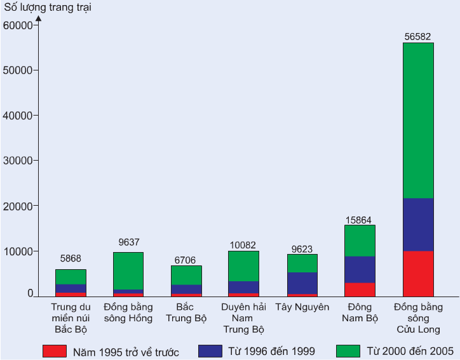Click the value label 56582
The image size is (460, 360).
pos(418,36)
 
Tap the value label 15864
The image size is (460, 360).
pos(360,220)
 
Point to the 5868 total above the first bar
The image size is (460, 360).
pos(71,258)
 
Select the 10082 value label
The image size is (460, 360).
pos(243,245)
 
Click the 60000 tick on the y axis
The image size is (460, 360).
pos(18,25)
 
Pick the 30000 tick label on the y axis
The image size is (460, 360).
pos(18,161)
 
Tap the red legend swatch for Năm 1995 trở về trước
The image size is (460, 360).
pos(55,350)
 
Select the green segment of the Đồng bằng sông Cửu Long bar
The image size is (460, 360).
pos(418,121)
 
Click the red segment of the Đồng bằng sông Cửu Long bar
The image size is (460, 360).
pos(418,274)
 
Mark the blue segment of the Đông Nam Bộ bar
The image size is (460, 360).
pos(360,270)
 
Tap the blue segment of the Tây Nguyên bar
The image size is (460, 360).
pos(302,283)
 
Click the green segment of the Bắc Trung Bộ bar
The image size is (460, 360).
pos(186,275)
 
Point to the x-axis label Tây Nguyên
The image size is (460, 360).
pos(302,307)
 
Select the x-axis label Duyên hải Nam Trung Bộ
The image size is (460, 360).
pos(243,318)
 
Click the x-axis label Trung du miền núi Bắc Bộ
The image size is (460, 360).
pos(70,318)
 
